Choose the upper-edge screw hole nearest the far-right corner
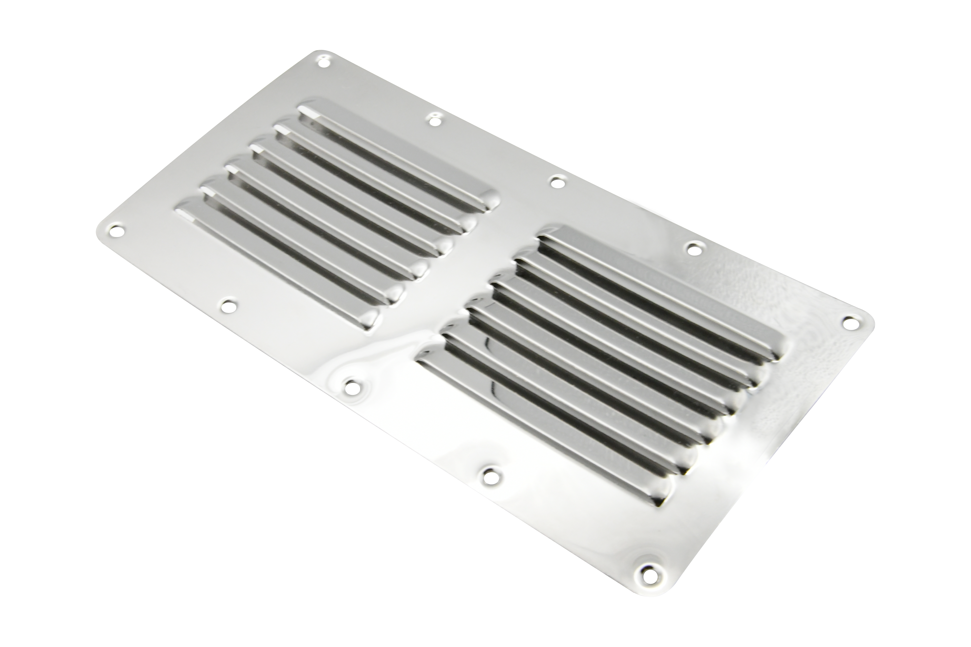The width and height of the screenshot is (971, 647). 694,248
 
